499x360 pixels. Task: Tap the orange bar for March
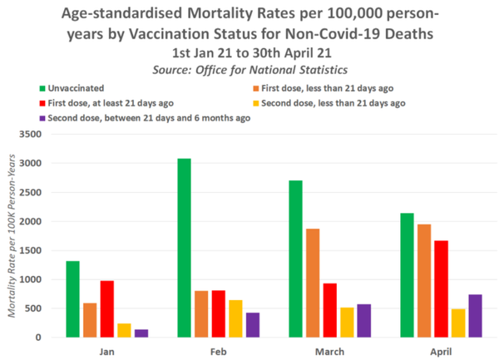pos(313,283)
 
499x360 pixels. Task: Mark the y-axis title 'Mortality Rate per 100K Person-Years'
pos(14,236)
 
